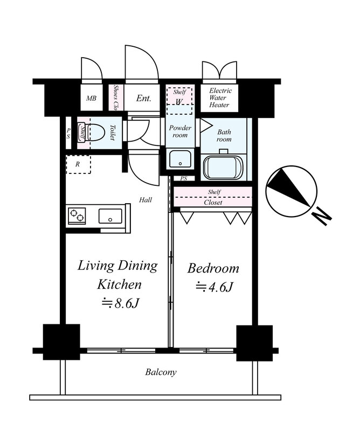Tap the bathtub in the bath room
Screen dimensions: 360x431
224,167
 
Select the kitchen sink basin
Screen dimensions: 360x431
110,216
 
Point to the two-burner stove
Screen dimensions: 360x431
77,216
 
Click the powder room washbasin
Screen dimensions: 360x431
180,159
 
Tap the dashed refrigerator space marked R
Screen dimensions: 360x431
78,164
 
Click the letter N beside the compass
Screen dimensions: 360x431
322,216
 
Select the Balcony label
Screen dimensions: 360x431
161,372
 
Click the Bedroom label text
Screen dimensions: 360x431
213,268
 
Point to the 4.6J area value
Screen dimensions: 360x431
214,288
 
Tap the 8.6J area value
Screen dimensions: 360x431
121,303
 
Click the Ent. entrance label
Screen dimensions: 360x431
143,98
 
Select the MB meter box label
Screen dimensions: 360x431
91,98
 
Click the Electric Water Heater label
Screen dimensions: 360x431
220,98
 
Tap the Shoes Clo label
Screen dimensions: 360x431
116,98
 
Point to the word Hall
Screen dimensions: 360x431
146,200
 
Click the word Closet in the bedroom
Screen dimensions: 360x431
213,203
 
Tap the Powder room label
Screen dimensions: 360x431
180,131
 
